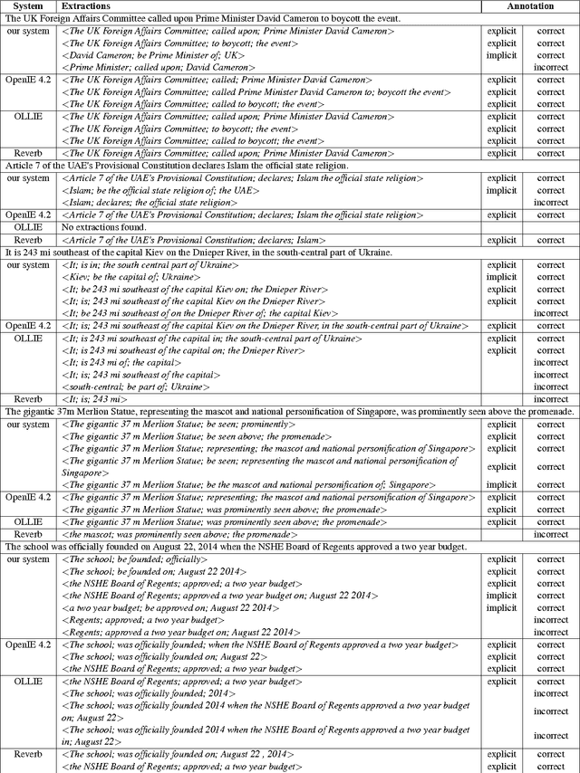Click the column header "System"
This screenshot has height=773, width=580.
(x=27, y=6)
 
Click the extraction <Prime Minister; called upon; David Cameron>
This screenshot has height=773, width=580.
(x=159, y=67)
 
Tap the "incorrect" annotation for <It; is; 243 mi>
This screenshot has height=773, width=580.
(x=551, y=399)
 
